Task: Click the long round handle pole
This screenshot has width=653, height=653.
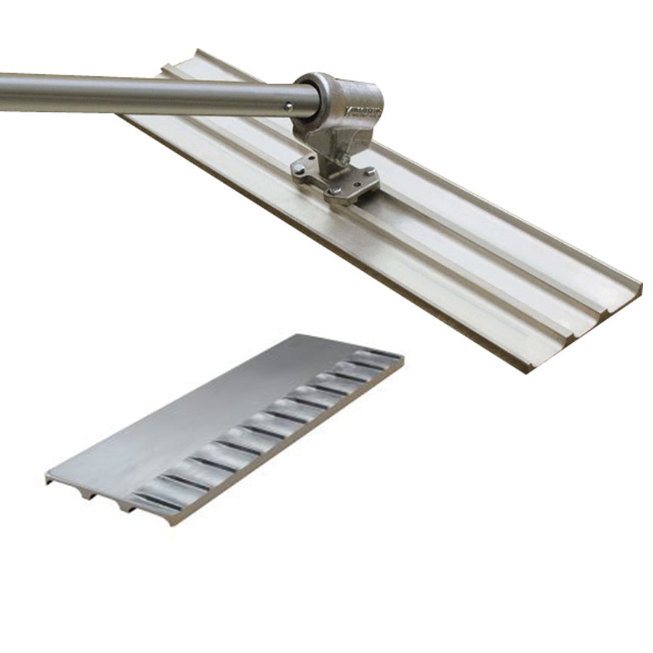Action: [x=145, y=94]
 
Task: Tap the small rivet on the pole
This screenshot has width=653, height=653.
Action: [x=288, y=106]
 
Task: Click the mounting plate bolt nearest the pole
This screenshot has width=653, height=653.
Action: [x=298, y=170]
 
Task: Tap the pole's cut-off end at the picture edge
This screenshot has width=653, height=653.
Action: [x=2, y=92]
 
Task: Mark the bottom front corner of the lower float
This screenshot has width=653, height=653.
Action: [x=171, y=522]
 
